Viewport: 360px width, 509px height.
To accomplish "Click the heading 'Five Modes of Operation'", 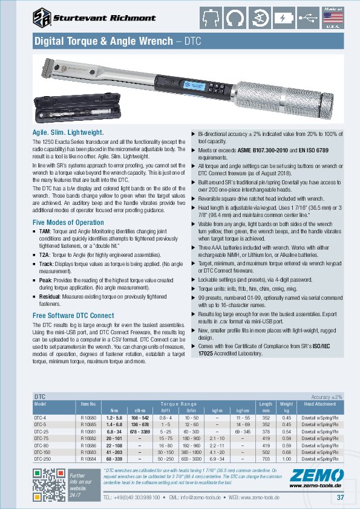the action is (x=64, y=223).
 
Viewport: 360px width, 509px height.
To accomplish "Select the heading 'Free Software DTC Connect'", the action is (x=73, y=315).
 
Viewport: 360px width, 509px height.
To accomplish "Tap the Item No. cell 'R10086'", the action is (x=89, y=446).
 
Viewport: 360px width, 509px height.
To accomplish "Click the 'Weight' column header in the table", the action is (x=286, y=404).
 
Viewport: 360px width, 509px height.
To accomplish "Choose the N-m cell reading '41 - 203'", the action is (x=114, y=452).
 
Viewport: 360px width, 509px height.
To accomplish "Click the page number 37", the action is (x=340, y=498).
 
